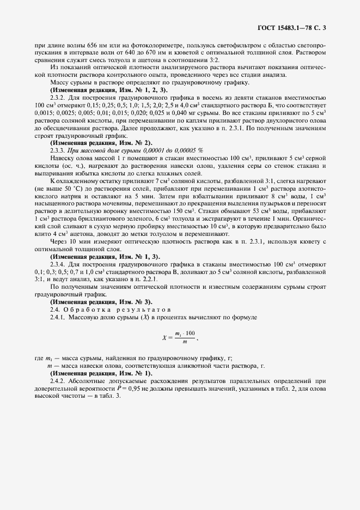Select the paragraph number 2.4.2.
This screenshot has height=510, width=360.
pos(58,380)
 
